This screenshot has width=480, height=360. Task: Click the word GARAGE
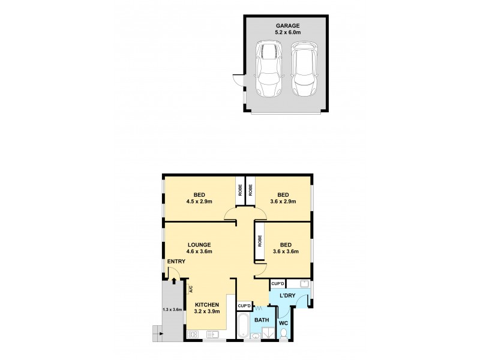pyautogui.click(x=287, y=26)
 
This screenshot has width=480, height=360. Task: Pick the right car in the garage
pyautogui.click(x=304, y=69)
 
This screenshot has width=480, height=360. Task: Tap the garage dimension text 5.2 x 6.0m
pyautogui.click(x=287, y=34)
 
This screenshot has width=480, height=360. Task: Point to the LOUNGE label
pyautogui.click(x=198, y=244)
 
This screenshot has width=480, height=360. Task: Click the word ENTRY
pyautogui.click(x=176, y=262)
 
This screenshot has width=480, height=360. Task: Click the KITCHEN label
pyautogui.click(x=206, y=305)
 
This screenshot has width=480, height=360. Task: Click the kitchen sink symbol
pyautogui.click(x=212, y=335)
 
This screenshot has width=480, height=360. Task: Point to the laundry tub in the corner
pyautogui.click(x=304, y=284)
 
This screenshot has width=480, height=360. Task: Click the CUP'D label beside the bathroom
pyautogui.click(x=244, y=306)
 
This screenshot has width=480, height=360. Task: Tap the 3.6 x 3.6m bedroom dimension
pyautogui.click(x=286, y=252)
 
